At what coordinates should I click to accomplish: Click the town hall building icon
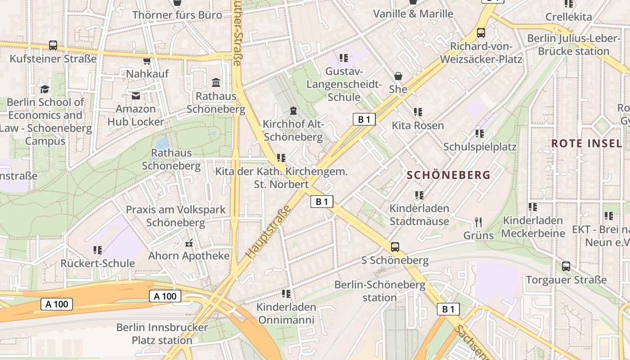click(x=216, y=83)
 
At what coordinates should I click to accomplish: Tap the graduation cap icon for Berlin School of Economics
click(x=45, y=89)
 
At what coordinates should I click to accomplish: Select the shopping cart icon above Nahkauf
click(x=147, y=61)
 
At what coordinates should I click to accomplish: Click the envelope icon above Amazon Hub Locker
click(x=136, y=95)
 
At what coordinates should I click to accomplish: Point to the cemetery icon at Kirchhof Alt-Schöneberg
click(x=293, y=110)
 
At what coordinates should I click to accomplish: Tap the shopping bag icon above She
click(x=398, y=76)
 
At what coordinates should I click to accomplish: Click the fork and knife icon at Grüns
click(x=478, y=222)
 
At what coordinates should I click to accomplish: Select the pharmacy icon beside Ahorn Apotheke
click(x=189, y=243)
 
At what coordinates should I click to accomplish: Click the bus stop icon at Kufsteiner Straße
click(x=53, y=45)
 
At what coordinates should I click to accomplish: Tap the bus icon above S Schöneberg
click(x=395, y=247)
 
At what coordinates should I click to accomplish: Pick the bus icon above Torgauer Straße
click(x=566, y=266)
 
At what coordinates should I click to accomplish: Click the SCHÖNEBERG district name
click(x=449, y=175)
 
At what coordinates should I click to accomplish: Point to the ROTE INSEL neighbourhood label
click(x=587, y=144)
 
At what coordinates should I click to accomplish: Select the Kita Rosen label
click(x=418, y=125)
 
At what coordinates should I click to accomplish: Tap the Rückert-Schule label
click(x=98, y=263)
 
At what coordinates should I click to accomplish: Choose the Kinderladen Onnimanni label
click(x=286, y=314)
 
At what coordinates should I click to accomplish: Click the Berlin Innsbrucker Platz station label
click(x=162, y=333)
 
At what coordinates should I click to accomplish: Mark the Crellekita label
click(x=568, y=17)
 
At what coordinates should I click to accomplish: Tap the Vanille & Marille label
click(x=413, y=13)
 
